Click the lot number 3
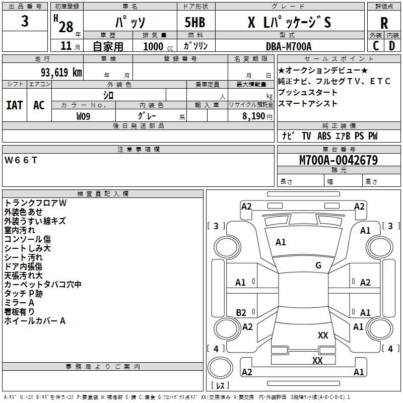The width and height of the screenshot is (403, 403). click(x=25, y=21)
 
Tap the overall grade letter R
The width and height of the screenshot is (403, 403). click(x=384, y=23)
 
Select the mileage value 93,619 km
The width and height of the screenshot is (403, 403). click(x=61, y=72)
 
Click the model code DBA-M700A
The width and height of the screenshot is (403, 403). click(x=289, y=46)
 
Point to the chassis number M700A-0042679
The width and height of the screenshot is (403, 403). click(x=339, y=160)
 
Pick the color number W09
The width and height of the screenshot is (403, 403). click(x=83, y=116)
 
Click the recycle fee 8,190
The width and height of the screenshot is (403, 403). click(x=254, y=116)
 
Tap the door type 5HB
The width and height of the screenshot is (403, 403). click(x=195, y=22)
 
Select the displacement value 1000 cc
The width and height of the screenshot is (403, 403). click(x=158, y=46)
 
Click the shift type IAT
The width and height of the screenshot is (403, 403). click(x=15, y=105)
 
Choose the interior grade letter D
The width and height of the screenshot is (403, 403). click(x=392, y=46)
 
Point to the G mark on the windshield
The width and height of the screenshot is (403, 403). click(x=318, y=265)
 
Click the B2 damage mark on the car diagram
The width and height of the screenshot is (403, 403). click(x=241, y=312)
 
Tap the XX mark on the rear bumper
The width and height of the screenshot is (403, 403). click(x=317, y=360)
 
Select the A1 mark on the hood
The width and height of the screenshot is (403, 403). click(x=281, y=242)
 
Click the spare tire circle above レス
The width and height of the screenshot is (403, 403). click(x=220, y=368)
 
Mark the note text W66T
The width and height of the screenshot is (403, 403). click(x=21, y=160)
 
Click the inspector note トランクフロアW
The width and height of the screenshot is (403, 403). click(x=35, y=203)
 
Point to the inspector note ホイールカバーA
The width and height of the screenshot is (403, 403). click(x=35, y=321)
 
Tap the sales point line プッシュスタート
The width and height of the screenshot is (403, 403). click(x=307, y=92)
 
